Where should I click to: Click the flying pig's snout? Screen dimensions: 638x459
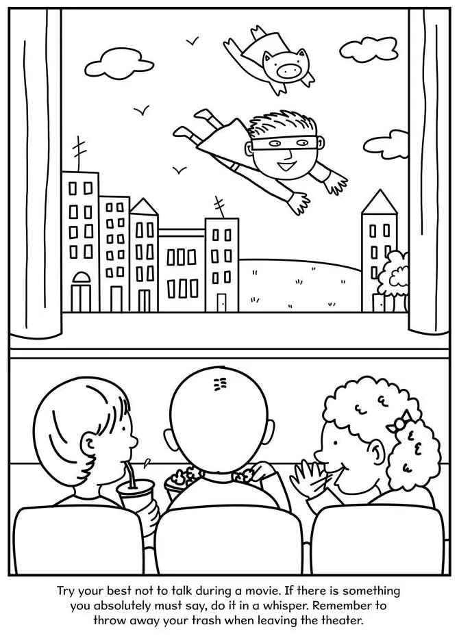(x=288, y=68)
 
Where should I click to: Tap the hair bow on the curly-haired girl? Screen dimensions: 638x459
(x=397, y=424)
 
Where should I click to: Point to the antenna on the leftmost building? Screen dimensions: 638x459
(x=79, y=153)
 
